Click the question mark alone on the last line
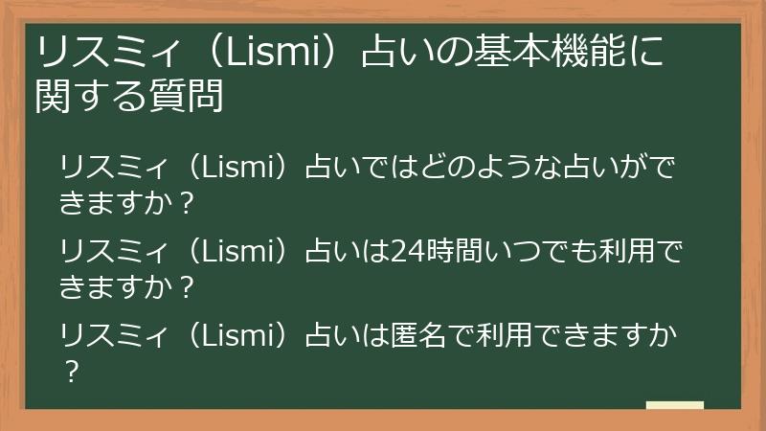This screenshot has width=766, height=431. [69, 369]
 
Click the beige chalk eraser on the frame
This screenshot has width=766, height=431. [674, 406]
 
